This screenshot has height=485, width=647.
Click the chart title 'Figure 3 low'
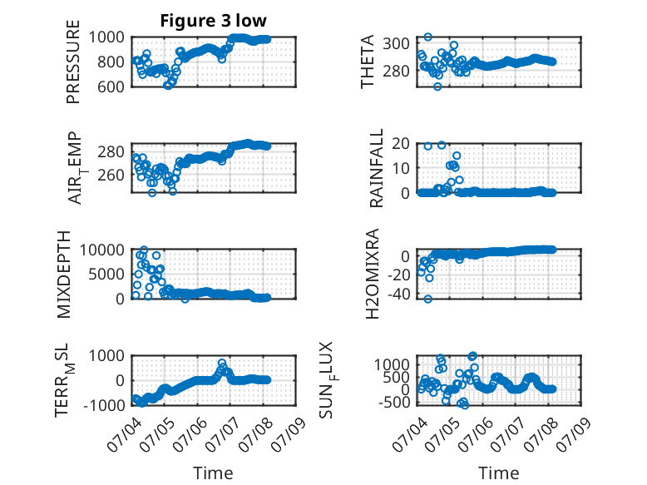[214, 21]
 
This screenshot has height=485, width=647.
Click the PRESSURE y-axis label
[73, 62]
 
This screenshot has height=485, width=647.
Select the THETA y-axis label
[367, 62]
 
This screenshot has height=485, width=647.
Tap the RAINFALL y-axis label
[377, 168]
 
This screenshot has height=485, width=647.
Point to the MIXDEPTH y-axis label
[64, 275]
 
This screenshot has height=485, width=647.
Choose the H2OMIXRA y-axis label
[373, 274]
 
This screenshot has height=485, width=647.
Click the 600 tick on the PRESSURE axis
[110, 87]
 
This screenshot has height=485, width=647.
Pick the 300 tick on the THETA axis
[396, 43]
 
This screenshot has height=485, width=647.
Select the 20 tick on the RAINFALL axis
[401, 144]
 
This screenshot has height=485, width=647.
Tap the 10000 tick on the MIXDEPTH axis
[102, 250]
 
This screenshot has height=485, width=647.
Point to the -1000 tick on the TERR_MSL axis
[104, 405]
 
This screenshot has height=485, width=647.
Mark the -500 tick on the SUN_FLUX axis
[393, 402]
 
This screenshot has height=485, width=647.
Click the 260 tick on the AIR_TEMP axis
[111, 175]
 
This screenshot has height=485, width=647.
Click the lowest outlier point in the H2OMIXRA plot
[428, 299]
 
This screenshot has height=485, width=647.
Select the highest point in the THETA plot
[428, 37]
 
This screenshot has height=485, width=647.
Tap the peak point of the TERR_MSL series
[221, 364]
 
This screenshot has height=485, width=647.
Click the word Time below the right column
[498, 473]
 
